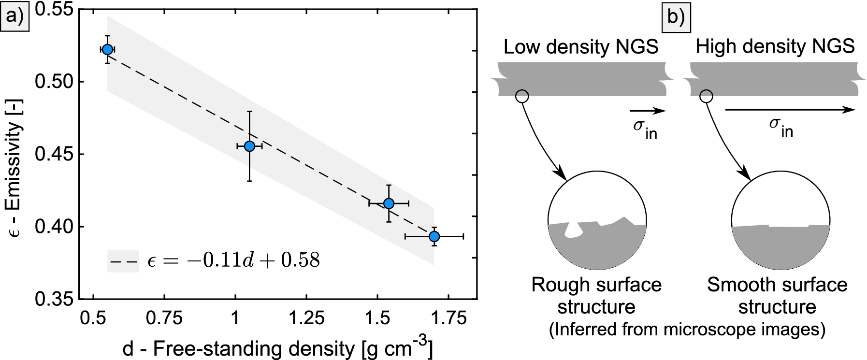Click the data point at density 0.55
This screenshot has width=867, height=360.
[x=108, y=49]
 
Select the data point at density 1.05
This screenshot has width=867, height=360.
[x=249, y=146]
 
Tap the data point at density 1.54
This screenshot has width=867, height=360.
[x=389, y=203]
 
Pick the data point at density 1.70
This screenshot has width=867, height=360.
[x=434, y=236]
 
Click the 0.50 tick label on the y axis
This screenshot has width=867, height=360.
[x=52, y=82]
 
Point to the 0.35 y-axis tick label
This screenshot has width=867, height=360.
[x=52, y=299]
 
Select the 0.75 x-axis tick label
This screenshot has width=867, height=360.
[x=164, y=319]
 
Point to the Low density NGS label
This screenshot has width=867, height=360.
[x=581, y=47]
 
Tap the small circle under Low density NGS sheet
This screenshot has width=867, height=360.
[x=522, y=96]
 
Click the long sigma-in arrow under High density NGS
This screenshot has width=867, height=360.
[x=789, y=110]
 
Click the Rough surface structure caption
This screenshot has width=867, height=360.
[x=596, y=295]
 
